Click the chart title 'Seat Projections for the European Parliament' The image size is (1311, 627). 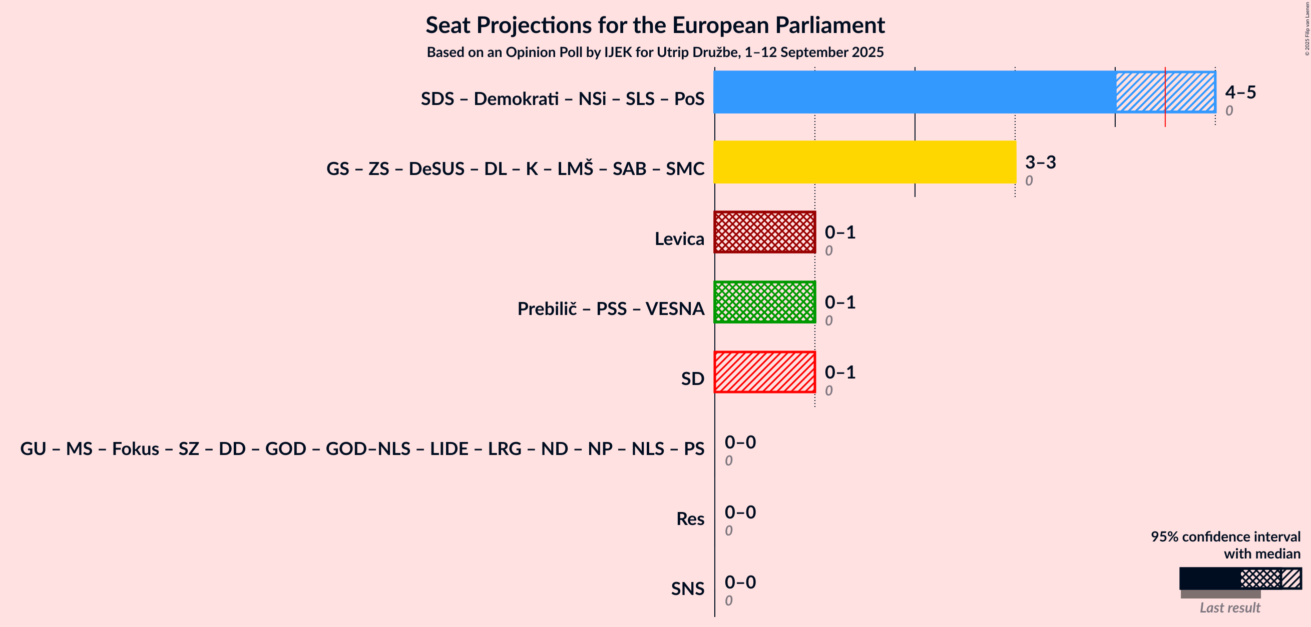(655, 25)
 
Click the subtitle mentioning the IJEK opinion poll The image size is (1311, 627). (655, 52)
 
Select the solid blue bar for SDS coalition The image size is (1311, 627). (915, 92)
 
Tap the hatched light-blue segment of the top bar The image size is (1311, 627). (1165, 92)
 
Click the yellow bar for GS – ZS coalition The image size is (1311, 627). (864, 161)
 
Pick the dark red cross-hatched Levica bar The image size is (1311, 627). (764, 232)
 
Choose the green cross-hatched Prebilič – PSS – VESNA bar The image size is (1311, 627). (764, 302)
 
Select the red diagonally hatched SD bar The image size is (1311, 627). (764, 372)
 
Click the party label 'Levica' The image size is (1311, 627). (679, 238)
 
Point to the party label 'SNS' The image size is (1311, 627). (688, 588)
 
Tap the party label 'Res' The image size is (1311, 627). (690, 518)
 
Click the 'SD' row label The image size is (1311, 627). (693, 379)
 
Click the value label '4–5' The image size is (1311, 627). (1241, 92)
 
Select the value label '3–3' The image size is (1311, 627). (1041, 162)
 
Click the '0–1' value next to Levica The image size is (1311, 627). (840, 232)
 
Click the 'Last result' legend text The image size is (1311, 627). (1230, 607)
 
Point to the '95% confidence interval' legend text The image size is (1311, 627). (1225, 537)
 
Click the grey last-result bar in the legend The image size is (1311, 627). (1221, 594)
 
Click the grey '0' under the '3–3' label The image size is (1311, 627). (1029, 180)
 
